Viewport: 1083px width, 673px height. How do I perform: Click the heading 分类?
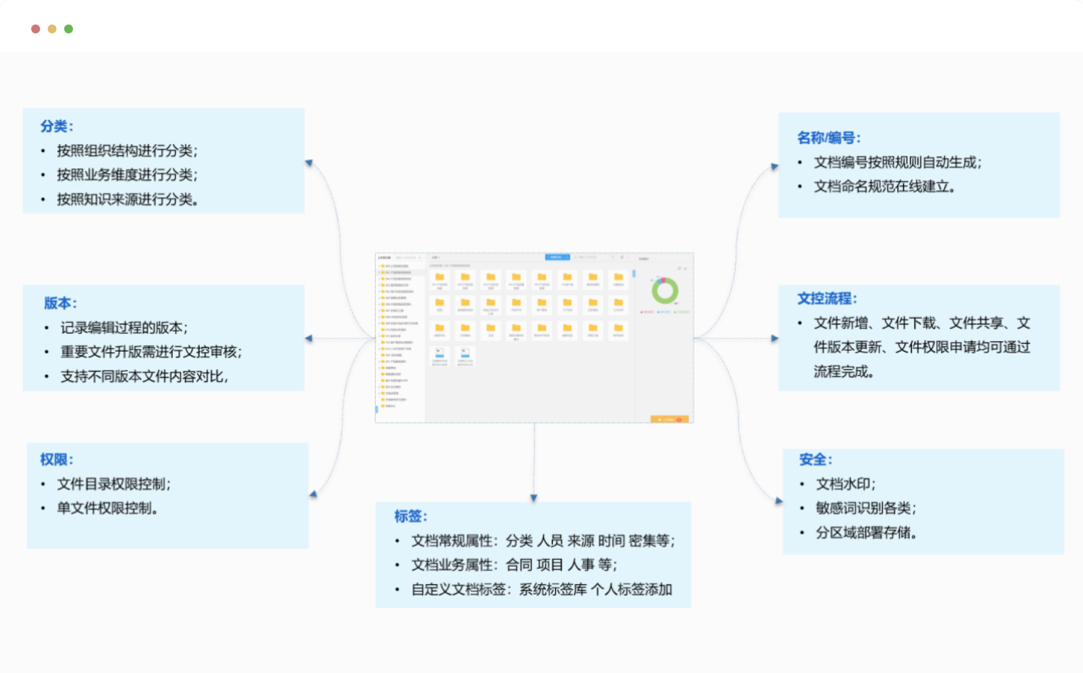coord(56,126)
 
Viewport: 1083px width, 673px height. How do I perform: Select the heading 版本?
coord(60,303)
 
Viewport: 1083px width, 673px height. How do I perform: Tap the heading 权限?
coord(56,460)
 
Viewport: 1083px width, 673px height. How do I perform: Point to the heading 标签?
coord(410,516)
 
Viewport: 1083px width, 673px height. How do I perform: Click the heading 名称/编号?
coord(828,138)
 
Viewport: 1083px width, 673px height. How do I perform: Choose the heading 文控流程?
coord(827,299)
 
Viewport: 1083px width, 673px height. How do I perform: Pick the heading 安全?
coord(815,460)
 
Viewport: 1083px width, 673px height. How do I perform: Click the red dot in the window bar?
coord(36,29)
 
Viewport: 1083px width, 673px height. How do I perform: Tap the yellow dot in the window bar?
coord(52,29)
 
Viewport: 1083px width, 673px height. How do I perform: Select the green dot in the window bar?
coord(69,29)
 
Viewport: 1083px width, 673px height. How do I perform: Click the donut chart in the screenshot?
coord(665,291)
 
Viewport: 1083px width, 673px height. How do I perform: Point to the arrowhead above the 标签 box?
coord(534,497)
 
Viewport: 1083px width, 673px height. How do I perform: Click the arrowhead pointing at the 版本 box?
coord(309,339)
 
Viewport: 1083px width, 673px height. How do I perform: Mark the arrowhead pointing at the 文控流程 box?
coord(775,339)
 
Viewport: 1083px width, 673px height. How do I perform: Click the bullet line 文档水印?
coord(845,484)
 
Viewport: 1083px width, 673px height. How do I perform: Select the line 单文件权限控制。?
coord(107,508)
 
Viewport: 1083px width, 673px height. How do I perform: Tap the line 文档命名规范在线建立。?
coord(884,187)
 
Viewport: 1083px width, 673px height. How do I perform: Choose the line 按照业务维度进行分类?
coord(127,175)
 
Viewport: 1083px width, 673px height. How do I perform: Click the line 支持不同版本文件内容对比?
coord(144,377)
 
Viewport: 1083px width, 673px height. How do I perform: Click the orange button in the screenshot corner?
coord(669,419)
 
